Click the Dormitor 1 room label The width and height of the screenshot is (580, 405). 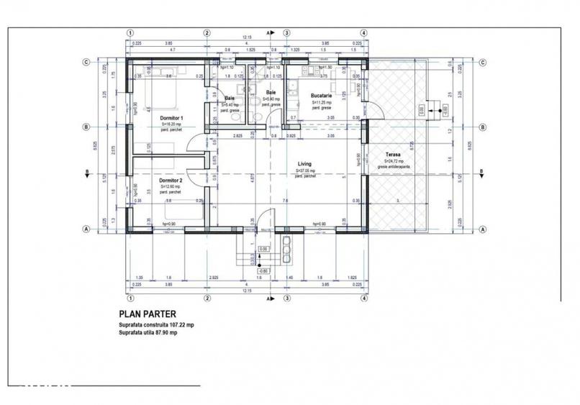click(171, 117)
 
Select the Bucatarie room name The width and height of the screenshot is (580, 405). click(321, 96)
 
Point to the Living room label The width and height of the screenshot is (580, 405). click(305, 164)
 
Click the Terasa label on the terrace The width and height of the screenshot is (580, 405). click(394, 155)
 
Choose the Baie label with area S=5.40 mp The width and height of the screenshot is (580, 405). click(229, 98)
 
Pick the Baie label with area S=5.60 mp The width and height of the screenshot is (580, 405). click(271, 93)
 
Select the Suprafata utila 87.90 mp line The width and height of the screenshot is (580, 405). click(148, 333)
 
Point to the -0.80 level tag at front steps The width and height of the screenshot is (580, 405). click(265, 271)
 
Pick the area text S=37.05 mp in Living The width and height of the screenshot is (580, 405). click(305, 170)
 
